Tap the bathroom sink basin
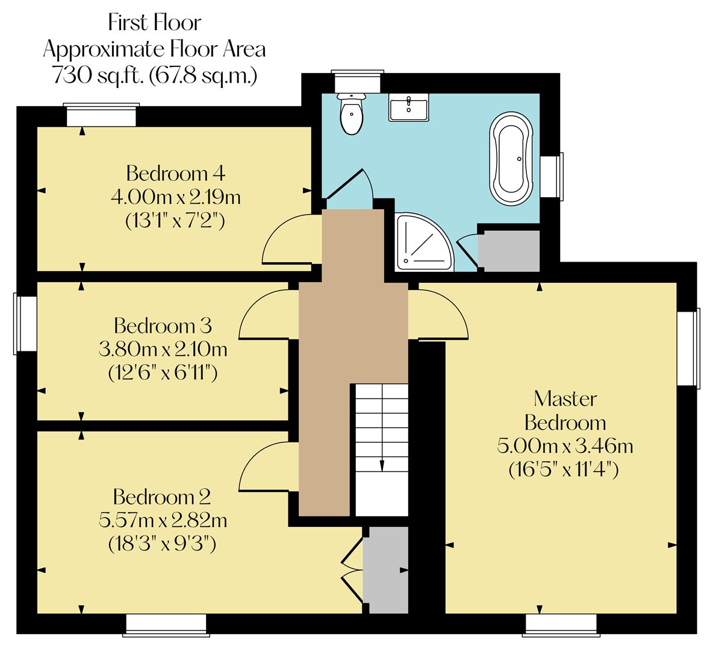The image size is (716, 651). point(408,107)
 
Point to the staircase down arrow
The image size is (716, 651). point(381,464)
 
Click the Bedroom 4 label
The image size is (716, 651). point(175,174)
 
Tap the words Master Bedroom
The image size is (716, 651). point(565,410)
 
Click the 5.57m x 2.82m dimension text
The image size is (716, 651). point(163,520)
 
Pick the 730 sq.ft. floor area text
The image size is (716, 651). point(155,75)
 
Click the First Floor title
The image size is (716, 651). point(155,23)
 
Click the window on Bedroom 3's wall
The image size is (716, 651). point(25,323)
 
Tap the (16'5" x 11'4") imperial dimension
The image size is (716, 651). point(564,469)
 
